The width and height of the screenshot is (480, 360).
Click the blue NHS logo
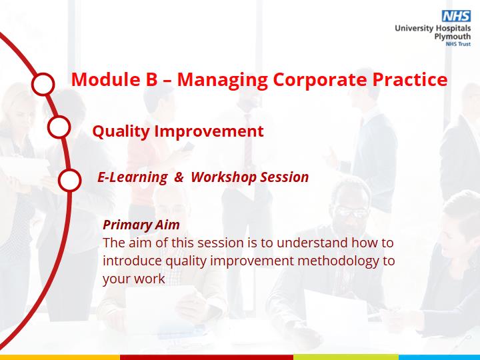click(x=456, y=16)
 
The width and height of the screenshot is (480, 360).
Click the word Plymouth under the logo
click(x=453, y=37)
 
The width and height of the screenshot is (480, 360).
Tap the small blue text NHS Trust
click(x=458, y=44)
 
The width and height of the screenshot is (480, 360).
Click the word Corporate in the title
click(x=319, y=80)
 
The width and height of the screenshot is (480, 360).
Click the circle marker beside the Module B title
click(x=43, y=84)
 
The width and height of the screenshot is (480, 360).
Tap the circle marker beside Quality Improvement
click(x=59, y=127)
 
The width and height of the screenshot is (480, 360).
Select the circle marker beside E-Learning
click(x=70, y=180)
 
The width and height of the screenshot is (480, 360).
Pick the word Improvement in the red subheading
click(x=209, y=131)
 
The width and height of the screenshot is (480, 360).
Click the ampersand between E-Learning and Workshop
click(x=179, y=177)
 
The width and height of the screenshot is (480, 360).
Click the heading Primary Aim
click(x=141, y=225)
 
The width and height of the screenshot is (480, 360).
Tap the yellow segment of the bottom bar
click(x=60, y=357)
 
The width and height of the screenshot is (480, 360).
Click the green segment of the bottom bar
click(x=346, y=357)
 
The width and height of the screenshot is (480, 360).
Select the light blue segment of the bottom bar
click(x=439, y=357)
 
